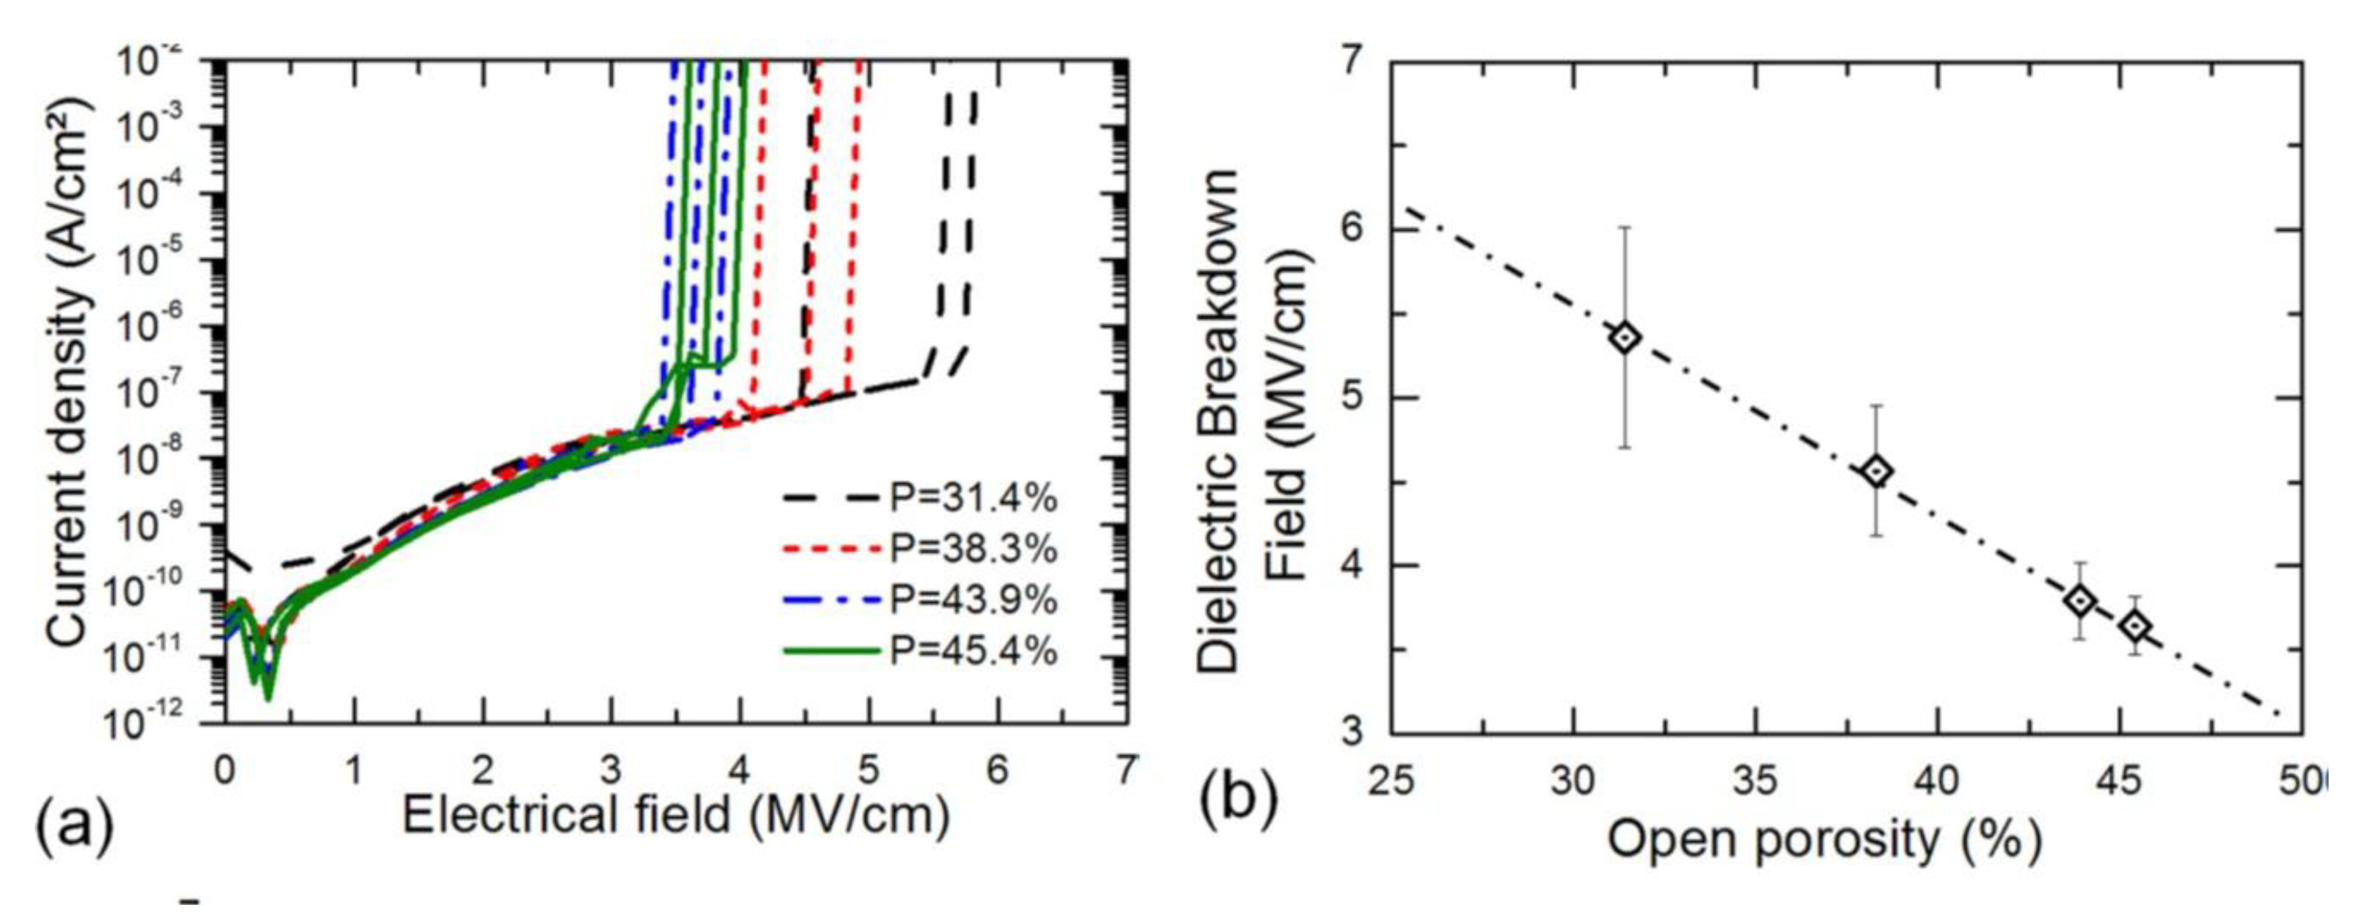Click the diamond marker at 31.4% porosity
click(1625, 337)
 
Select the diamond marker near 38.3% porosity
click(1877, 472)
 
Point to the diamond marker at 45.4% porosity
click(2135, 626)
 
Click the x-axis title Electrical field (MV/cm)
click(676, 815)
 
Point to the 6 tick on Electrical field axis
click(997, 770)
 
